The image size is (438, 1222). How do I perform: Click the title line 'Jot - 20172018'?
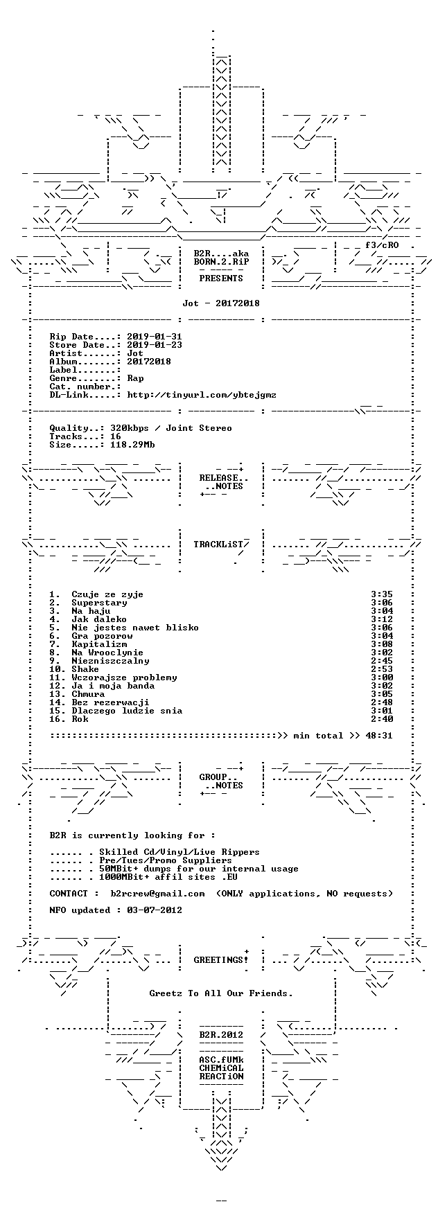click(x=221, y=303)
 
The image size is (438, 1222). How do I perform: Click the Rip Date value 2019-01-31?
click(x=155, y=337)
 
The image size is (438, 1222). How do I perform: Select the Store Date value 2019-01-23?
click(x=155, y=345)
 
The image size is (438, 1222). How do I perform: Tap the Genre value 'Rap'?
click(x=135, y=378)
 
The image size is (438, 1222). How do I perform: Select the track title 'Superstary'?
click(x=99, y=603)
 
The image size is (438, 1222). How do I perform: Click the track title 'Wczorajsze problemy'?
click(x=124, y=678)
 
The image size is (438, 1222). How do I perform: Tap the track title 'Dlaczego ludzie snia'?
click(x=127, y=711)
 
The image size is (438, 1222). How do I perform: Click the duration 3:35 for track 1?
click(x=382, y=594)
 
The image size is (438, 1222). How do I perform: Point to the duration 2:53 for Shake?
click(x=382, y=669)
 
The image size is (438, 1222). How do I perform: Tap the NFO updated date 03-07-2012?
click(x=155, y=910)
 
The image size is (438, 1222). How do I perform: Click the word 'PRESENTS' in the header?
click(x=221, y=278)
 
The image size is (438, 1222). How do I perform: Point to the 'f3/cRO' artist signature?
click(x=382, y=245)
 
